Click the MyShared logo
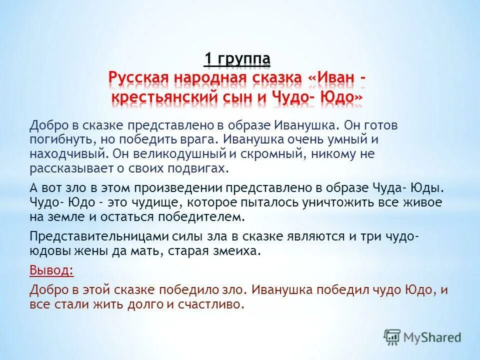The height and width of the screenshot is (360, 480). point(422,336)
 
